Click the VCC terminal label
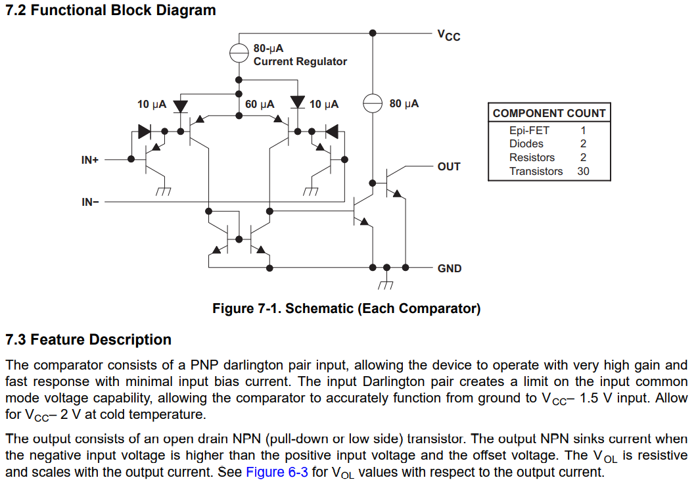pyautogui.click(x=449, y=35)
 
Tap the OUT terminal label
pyautogui.click(x=449, y=166)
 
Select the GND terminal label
pyautogui.click(x=449, y=268)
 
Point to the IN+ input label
pyautogui.click(x=90, y=160)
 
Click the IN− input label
pyautogui.click(x=90, y=202)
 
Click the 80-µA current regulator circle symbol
pyautogui.click(x=239, y=53)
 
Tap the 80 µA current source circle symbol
pyautogui.click(x=373, y=103)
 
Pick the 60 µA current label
pyautogui.click(x=260, y=104)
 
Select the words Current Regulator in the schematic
pyautogui.click(x=300, y=61)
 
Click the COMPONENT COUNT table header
pyautogui.click(x=549, y=113)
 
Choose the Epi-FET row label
pyautogui.click(x=529, y=130)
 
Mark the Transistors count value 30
pyautogui.click(x=583, y=172)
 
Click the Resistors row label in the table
pyautogui.click(x=532, y=158)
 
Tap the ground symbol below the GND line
pyautogui.click(x=386, y=283)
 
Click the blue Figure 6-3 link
pyautogui.click(x=277, y=472)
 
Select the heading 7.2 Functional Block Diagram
pyautogui.click(x=110, y=10)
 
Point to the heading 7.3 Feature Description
pyautogui.click(x=88, y=340)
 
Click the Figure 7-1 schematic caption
pyautogui.click(x=346, y=308)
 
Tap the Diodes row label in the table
pyautogui.click(x=526, y=144)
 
